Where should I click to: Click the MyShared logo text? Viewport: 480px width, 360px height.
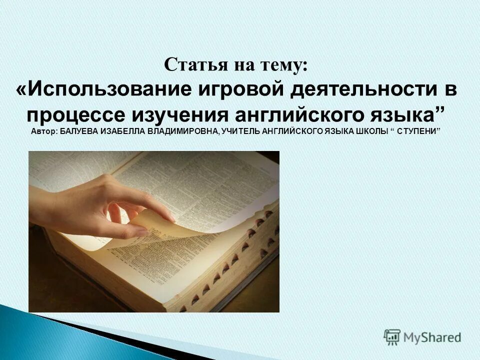(432, 337)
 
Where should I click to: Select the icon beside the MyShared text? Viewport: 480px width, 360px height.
(392, 336)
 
